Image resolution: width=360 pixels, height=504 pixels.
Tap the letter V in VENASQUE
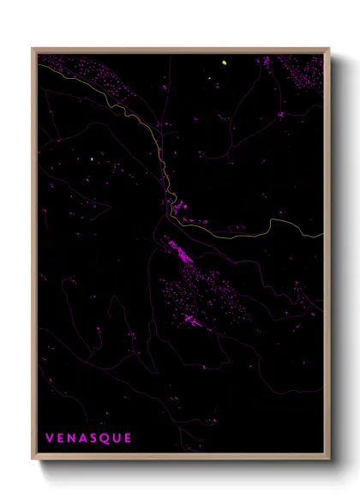pos(50,438)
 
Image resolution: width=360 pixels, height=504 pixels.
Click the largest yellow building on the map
pos(223,63)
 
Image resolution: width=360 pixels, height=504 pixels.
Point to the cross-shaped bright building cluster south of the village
pos(190,319)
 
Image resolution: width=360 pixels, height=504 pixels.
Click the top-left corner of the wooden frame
pos(33,48)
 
